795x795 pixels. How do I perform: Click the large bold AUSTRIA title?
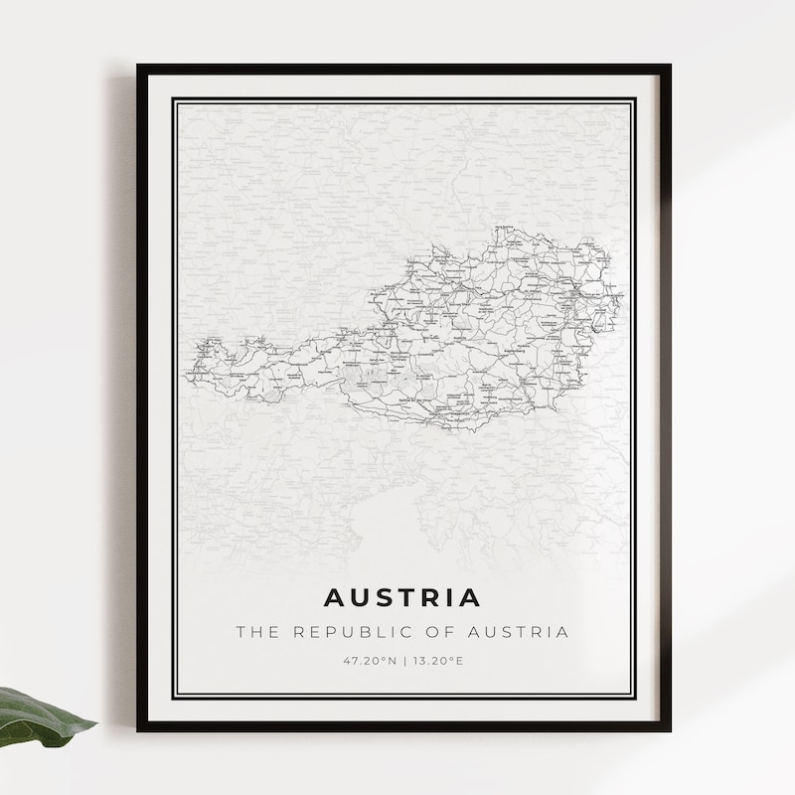click(402, 598)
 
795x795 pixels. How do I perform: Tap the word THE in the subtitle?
click(254, 632)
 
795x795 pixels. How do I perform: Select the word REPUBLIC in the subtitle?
click(348, 632)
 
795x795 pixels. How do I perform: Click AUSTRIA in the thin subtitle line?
click(518, 632)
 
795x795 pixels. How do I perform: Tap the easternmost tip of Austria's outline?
click(623, 295)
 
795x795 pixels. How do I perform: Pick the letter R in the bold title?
click(429, 598)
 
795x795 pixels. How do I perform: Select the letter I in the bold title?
click(448, 598)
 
